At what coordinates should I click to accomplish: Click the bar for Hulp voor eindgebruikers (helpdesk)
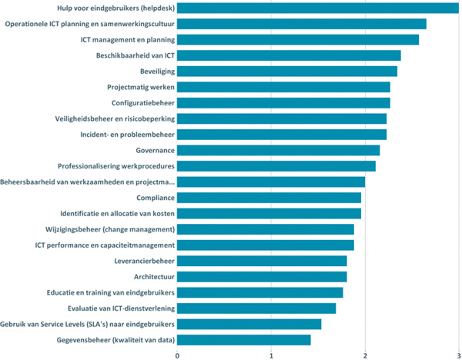click(318, 8)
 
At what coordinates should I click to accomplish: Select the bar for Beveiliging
click(287, 71)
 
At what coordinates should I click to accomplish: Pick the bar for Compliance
click(269, 198)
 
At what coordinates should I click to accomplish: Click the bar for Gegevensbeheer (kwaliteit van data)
click(244, 340)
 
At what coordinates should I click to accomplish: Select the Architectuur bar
click(262, 277)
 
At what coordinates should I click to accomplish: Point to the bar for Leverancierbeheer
click(262, 261)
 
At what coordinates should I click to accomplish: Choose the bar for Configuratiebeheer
click(283, 103)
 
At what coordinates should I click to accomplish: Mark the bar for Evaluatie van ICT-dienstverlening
click(256, 308)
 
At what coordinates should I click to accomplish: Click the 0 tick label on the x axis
click(178, 355)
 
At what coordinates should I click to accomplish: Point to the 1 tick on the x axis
click(272, 355)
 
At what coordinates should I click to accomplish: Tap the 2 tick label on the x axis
click(365, 355)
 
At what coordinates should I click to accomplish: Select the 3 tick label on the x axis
click(459, 355)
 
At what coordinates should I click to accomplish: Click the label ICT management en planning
click(127, 39)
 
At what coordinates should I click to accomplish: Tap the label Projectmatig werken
click(140, 87)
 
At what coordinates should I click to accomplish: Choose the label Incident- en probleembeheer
click(127, 135)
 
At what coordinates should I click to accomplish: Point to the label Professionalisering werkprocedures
click(115, 166)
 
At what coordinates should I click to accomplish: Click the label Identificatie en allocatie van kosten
click(117, 213)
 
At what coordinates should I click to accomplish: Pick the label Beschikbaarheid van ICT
click(135, 55)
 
